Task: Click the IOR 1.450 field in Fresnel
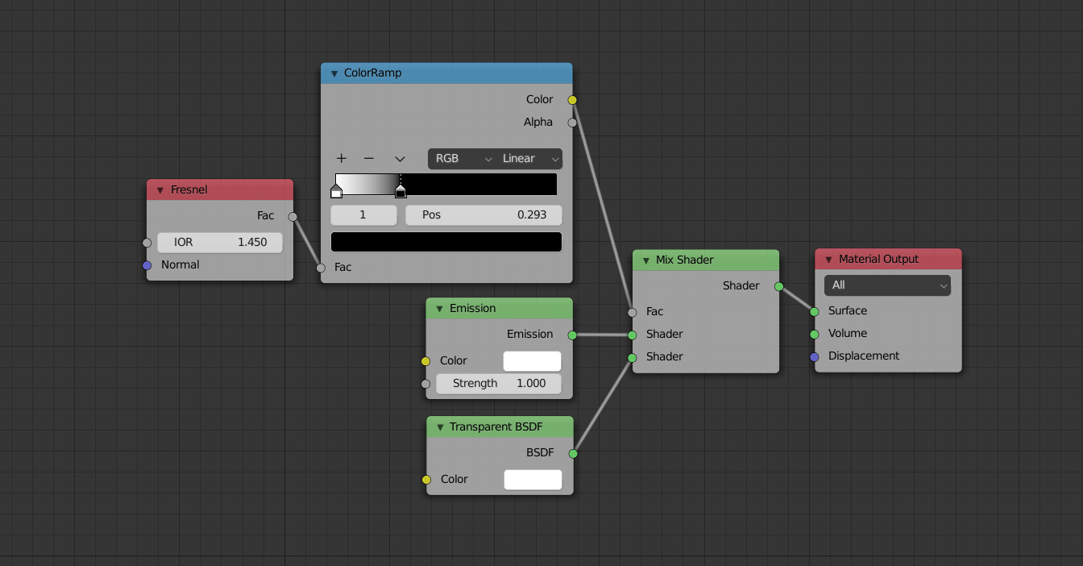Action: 219,243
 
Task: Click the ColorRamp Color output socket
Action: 572,100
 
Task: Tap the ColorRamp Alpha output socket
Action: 572,123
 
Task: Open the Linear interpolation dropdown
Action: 529,159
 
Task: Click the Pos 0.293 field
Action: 483,215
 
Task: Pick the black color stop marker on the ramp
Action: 400,192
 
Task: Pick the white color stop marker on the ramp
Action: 336,192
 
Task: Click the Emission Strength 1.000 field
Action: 499,384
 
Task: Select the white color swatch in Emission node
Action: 532,361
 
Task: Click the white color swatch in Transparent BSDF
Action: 533,480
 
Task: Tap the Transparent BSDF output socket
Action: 573,454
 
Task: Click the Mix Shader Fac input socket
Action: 633,312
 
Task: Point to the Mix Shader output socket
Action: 778,286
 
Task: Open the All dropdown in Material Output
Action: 887,285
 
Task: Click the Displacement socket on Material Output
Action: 815,356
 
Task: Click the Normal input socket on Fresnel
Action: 147,265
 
